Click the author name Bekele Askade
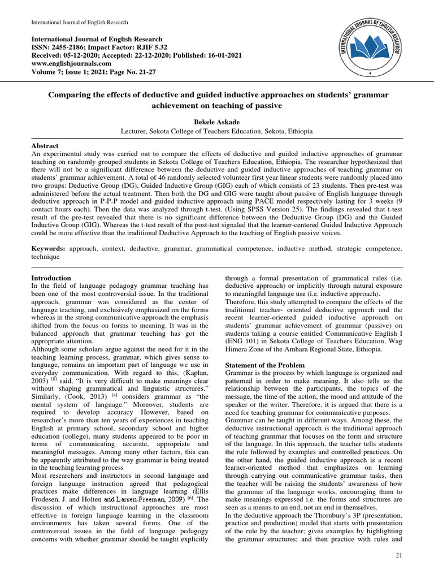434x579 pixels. coord(216,121)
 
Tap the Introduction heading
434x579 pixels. coord(51,278)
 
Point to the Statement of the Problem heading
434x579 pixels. coord(265,365)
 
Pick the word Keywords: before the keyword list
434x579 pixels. coord(48,249)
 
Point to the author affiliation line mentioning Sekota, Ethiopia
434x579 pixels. coord(216,131)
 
